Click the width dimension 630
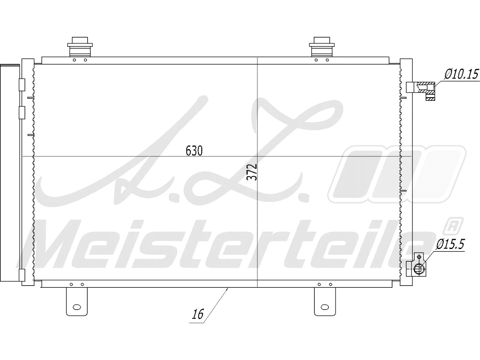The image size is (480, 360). coord(194,151)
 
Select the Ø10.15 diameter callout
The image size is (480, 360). coord(461,74)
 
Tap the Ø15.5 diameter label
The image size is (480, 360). coord(450,244)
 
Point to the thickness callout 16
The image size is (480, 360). coord(198,314)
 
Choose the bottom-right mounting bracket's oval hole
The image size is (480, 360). coord(325,307)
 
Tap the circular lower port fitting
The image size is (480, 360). coord(418,269)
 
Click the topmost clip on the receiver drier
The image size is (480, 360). coord(22,85)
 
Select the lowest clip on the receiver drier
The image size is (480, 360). coord(22,275)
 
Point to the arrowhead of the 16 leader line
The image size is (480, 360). coord(228,289)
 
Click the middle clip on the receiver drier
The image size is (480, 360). coord(22,112)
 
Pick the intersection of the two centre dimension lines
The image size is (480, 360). coord(257,156)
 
